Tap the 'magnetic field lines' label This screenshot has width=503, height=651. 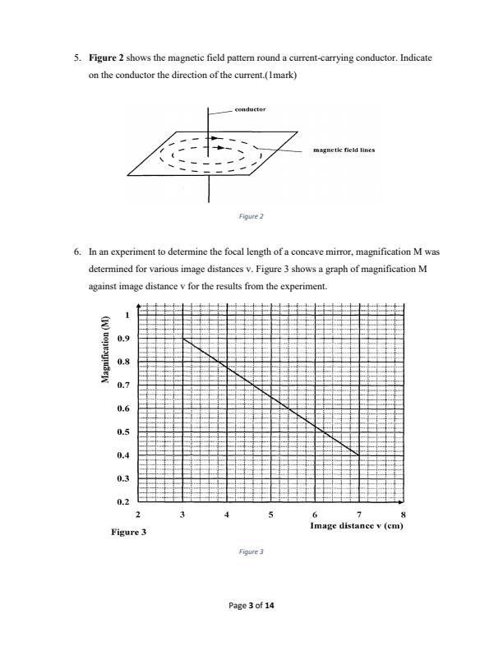click(x=344, y=150)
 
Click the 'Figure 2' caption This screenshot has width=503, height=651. click(x=251, y=217)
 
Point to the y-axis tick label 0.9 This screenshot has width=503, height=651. click(x=123, y=339)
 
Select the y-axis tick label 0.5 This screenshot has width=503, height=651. click(x=123, y=432)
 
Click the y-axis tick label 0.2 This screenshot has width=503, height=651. click(x=123, y=501)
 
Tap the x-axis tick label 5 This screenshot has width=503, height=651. click(x=270, y=514)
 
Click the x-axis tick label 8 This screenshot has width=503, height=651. click(x=403, y=514)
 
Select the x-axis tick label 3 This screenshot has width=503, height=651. click(x=182, y=514)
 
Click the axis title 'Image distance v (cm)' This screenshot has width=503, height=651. click(x=358, y=524)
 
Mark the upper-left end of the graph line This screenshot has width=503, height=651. click(x=183, y=338)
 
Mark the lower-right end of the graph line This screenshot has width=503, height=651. click(x=359, y=455)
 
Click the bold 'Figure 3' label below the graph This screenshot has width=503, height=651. click(x=127, y=533)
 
